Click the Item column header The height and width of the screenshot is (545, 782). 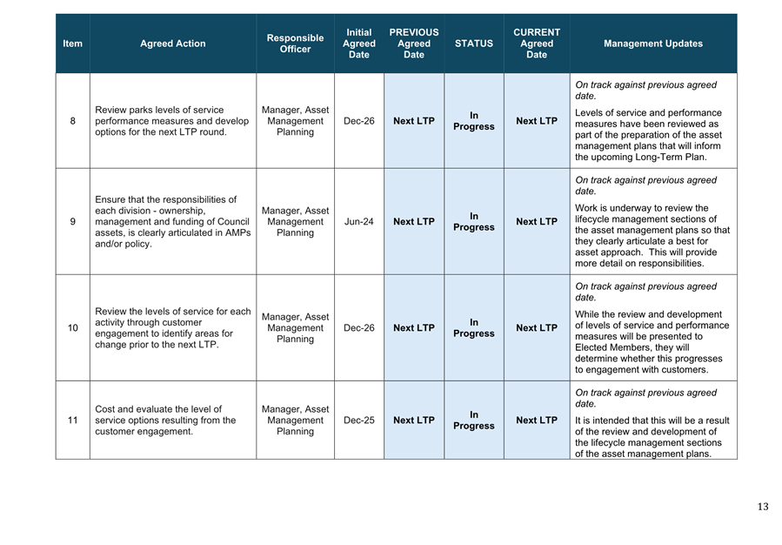click(73, 44)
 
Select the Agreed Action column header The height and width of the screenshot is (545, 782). click(173, 44)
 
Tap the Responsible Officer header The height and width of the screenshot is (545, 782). click(295, 44)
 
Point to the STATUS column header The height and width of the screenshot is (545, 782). click(473, 44)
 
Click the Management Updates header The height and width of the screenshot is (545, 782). click(652, 44)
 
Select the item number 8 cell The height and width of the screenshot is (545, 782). click(73, 121)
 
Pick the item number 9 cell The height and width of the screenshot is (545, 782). click(73, 222)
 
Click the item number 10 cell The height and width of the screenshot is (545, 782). click(73, 328)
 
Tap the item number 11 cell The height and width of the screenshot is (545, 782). click(73, 421)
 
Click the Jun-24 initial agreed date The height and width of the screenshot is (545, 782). click(358, 222)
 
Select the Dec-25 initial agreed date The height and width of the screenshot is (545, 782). click(358, 421)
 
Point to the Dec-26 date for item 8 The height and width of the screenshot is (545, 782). click(358, 121)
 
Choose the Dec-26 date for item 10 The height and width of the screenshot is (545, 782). click(358, 328)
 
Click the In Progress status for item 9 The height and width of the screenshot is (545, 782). click(473, 222)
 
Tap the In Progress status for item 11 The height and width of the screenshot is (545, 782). click(473, 421)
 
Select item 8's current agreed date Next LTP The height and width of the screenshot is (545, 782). click(537, 121)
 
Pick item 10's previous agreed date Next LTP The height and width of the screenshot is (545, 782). click(414, 328)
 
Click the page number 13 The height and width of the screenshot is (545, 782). click(763, 507)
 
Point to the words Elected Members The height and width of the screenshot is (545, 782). click(612, 347)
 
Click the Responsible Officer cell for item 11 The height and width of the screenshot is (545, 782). click(295, 421)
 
